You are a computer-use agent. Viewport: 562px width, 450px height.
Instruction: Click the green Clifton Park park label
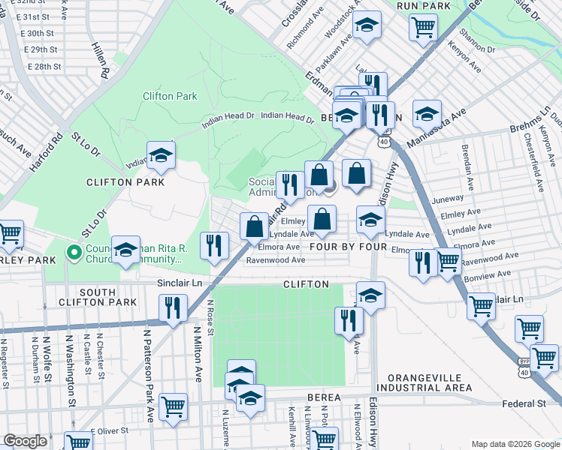click(x=170, y=96)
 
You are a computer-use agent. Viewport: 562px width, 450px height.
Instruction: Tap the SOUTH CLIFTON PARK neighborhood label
click(x=108, y=297)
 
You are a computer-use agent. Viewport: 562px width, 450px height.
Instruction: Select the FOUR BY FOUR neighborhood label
click(x=347, y=246)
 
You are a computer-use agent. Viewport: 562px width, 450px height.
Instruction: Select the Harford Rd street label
click(x=57, y=151)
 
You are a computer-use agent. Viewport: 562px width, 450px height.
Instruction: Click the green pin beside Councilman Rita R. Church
click(x=74, y=253)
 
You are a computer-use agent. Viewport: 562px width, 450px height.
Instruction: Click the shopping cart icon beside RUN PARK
click(x=424, y=27)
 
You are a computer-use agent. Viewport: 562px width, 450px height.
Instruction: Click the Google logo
click(x=26, y=441)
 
